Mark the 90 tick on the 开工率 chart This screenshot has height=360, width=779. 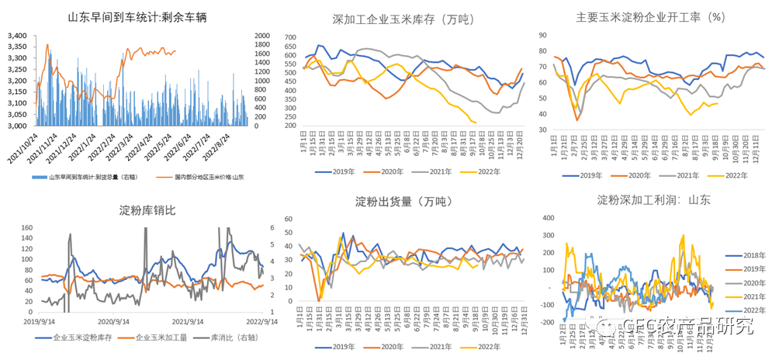pos(544,36)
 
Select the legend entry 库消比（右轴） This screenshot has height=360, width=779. pos(230,338)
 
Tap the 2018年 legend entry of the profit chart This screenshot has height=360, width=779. pos(751,254)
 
